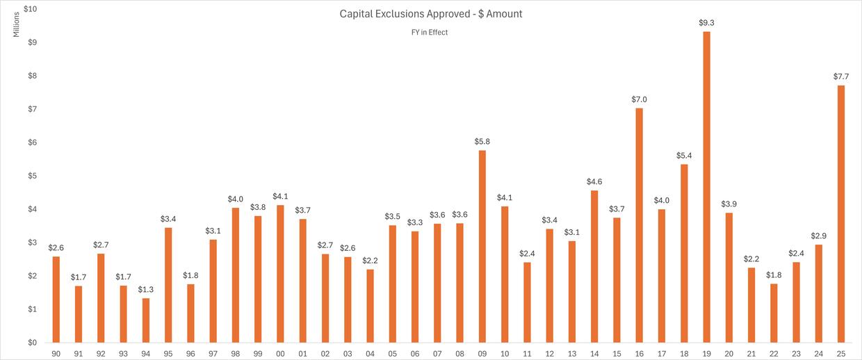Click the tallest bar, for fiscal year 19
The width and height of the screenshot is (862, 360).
pos(706,188)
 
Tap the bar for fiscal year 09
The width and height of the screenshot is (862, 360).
pos(482,247)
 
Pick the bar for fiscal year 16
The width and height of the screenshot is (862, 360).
pos(639,225)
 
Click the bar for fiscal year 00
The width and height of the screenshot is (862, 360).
pos(280,274)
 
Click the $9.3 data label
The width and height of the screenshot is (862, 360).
pos(706,23)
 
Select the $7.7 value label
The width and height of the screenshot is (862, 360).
pos(841,76)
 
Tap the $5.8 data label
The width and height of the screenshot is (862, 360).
pos(482,142)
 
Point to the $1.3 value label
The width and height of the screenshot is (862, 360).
pos(146,290)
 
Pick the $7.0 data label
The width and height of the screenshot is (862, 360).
pos(639,99)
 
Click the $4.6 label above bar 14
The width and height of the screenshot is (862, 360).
pos(594,181)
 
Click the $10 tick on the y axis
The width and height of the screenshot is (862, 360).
pos(32,9)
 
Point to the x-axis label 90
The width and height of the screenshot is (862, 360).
pos(56,354)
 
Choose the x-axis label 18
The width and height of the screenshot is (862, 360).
pos(684,354)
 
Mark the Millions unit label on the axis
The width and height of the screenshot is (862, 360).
pos(17,25)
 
